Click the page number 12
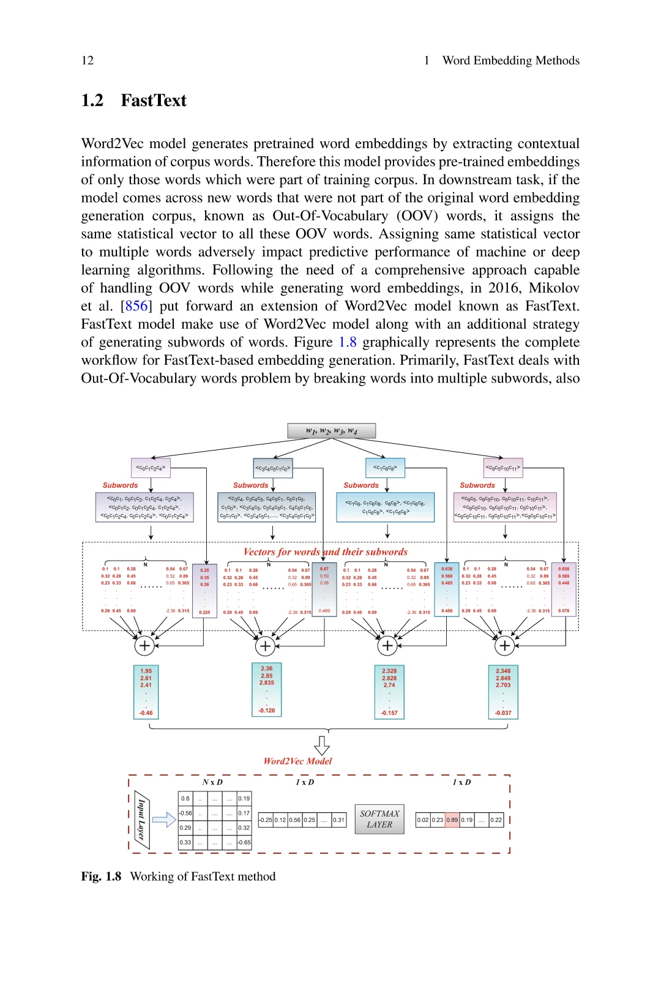click(x=88, y=60)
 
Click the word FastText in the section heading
click(x=154, y=100)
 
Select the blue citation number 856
click(x=136, y=306)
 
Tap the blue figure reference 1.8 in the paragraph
click(x=348, y=342)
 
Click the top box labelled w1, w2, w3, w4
click(x=331, y=431)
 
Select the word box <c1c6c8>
click(x=385, y=468)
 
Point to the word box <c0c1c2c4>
click(x=151, y=468)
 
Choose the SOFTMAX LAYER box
click(x=379, y=819)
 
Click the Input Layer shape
click(x=141, y=820)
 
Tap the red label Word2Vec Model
click(x=297, y=761)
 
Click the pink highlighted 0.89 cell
click(x=452, y=820)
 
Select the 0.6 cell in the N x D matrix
click(x=185, y=798)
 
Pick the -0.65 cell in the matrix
click(x=244, y=842)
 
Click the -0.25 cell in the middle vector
click(x=266, y=820)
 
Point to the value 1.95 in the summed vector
click(x=146, y=671)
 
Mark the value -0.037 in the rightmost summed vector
click(x=503, y=712)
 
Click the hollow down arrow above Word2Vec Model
click(x=322, y=745)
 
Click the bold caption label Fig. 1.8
click(x=101, y=877)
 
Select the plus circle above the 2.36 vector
click(x=265, y=645)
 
